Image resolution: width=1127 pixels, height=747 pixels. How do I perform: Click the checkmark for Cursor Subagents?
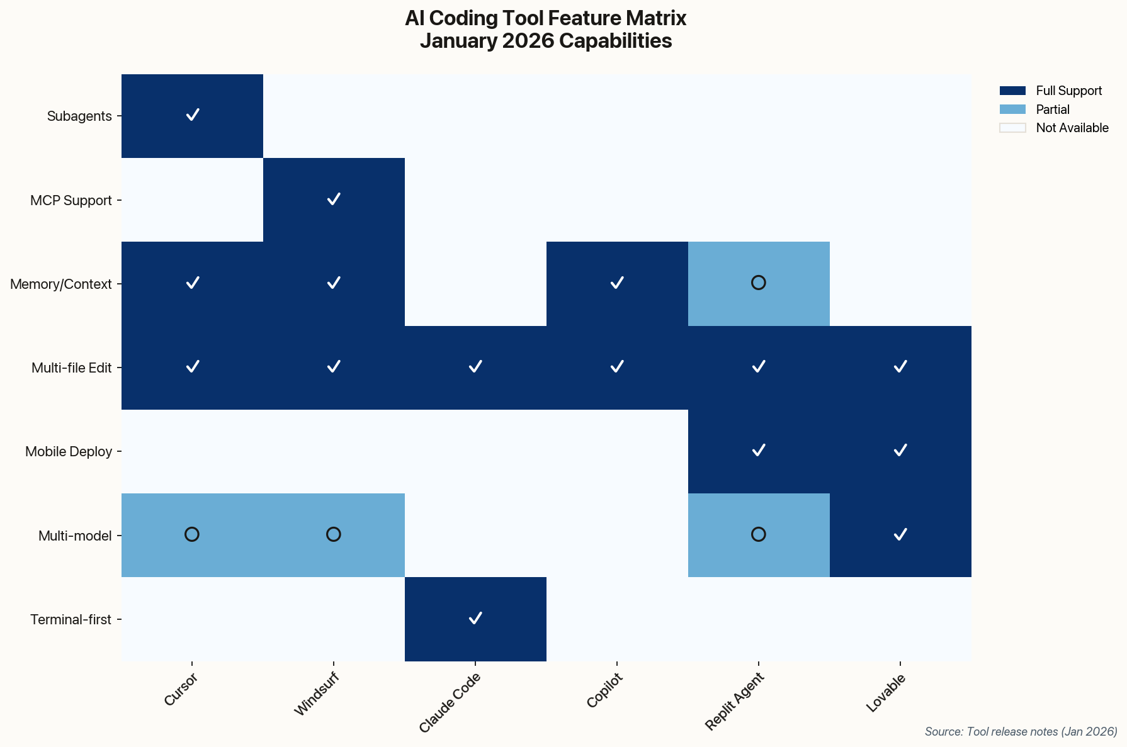click(193, 115)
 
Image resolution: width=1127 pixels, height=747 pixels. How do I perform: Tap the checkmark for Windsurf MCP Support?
click(334, 199)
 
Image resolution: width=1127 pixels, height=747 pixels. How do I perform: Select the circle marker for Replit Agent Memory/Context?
click(759, 283)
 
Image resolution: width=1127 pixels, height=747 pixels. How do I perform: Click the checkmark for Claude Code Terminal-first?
click(475, 618)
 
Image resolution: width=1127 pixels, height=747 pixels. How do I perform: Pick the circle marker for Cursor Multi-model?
click(192, 534)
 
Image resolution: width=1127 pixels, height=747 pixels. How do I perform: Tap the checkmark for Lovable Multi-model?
click(900, 534)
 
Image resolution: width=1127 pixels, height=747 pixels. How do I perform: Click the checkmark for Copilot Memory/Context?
click(617, 283)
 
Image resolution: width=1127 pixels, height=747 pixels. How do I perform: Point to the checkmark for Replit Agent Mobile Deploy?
click(759, 450)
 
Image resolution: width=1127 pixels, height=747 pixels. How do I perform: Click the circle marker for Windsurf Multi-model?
click(334, 534)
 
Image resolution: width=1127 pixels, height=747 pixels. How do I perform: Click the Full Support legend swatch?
click(1012, 91)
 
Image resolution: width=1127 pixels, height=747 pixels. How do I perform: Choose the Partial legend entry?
click(1053, 110)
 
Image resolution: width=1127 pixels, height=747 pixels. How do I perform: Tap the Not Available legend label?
click(1072, 128)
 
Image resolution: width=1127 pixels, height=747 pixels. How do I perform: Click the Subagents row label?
click(79, 116)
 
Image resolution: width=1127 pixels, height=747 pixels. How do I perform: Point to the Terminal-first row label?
click(71, 620)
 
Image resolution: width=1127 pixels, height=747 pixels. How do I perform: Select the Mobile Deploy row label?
click(69, 452)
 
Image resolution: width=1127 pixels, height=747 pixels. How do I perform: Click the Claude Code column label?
click(450, 702)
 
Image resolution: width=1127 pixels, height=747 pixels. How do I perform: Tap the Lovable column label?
click(886, 693)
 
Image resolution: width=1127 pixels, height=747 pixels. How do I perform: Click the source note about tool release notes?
click(1021, 731)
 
